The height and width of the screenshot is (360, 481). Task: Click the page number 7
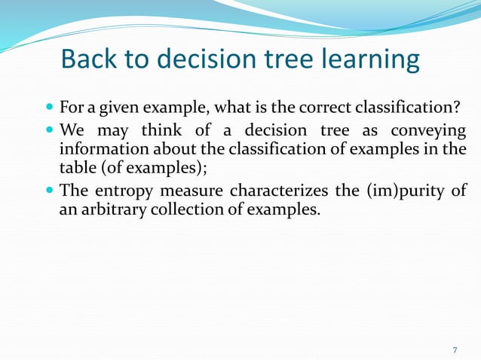click(455, 350)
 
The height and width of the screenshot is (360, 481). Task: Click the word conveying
click(431, 130)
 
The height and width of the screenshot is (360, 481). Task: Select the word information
click(96, 148)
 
